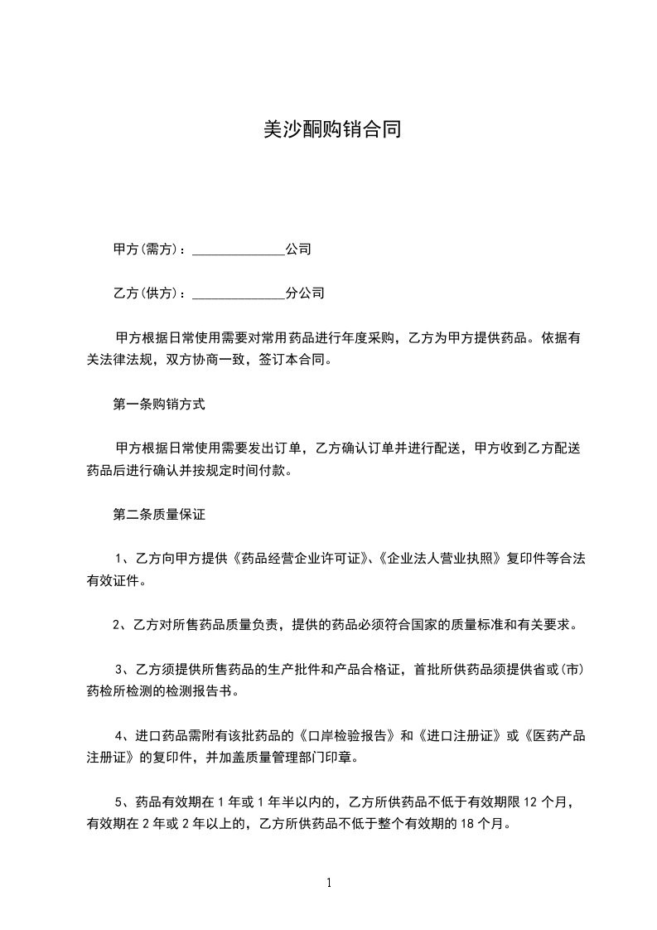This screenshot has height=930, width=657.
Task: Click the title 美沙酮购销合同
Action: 331,129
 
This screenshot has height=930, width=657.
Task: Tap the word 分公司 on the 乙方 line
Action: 304,293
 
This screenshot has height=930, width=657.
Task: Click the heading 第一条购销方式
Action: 158,405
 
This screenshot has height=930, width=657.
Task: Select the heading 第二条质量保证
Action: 158,515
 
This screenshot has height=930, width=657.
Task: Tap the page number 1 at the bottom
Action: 329,882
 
